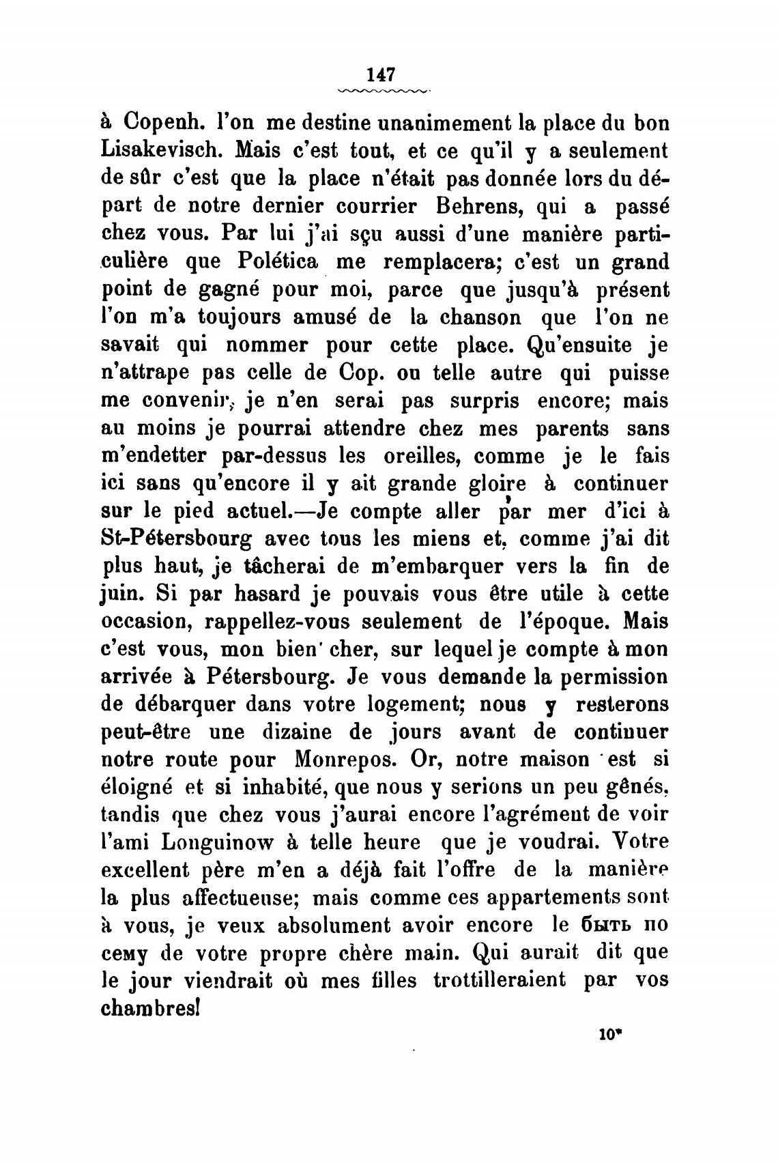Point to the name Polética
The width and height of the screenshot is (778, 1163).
point(280,261)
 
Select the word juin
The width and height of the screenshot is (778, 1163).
point(121,594)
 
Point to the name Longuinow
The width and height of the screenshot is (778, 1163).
point(215,842)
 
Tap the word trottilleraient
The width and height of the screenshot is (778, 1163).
point(499,981)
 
